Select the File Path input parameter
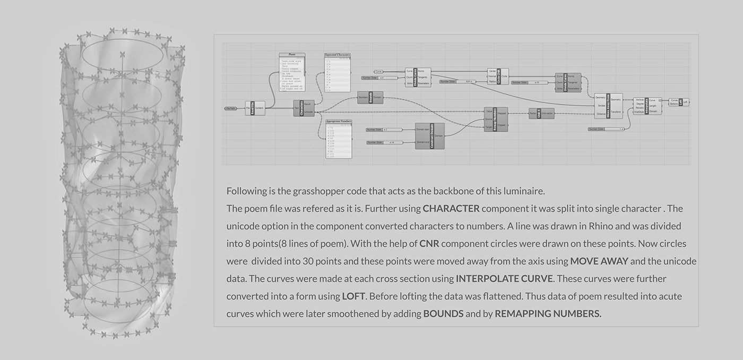coord(230,108)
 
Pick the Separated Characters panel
coord(338,73)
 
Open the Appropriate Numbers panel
coord(339,139)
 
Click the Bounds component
coord(369,97)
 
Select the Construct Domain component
coord(429,136)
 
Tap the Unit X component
coord(541,114)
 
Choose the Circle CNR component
coord(498,76)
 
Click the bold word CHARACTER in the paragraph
coord(451,209)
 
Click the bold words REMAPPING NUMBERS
coord(548,314)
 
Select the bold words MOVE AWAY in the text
coord(599,261)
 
